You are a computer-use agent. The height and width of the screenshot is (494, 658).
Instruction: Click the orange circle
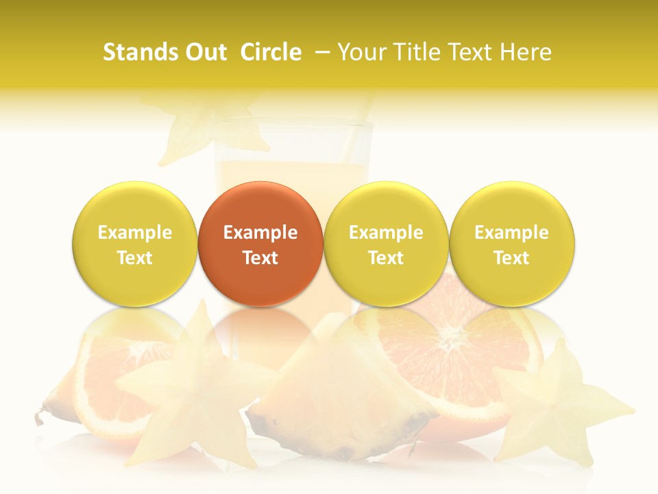[x=260, y=244]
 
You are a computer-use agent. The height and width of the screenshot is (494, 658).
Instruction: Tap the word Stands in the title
[x=135, y=52]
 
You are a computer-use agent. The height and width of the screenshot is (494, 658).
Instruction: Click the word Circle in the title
[x=271, y=52]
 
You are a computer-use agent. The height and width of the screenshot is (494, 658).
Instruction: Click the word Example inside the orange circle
[x=260, y=233]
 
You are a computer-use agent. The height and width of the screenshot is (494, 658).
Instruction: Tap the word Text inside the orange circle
[x=260, y=258]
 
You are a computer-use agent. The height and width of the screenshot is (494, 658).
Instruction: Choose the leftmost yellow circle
[x=134, y=244]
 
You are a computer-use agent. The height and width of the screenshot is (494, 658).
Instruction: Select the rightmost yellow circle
[x=512, y=244]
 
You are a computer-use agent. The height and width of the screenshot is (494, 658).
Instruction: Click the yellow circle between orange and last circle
[x=386, y=244]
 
